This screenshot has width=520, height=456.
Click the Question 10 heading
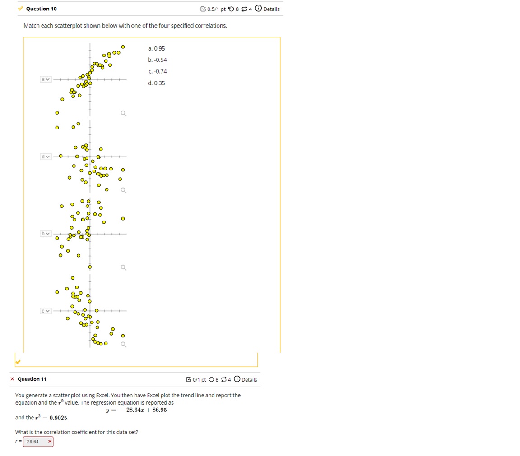(x=41, y=9)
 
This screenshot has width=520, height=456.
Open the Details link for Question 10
(x=271, y=9)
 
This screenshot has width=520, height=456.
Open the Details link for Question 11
(x=249, y=380)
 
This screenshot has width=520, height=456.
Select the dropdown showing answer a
(x=46, y=79)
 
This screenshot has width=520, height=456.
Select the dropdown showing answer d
(x=46, y=157)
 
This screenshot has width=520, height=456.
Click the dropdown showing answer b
(x=46, y=234)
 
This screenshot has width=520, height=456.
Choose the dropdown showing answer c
(x=46, y=311)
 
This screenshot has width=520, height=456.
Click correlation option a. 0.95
(x=156, y=48)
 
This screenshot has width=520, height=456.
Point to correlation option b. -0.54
(x=157, y=60)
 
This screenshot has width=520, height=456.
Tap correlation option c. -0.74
(x=157, y=71)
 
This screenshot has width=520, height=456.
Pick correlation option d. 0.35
(x=156, y=83)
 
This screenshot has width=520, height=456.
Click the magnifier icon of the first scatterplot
(x=123, y=114)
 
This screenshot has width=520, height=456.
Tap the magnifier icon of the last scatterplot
(x=123, y=345)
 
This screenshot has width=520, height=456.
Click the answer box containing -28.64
(x=34, y=442)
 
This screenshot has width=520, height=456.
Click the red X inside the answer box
(x=49, y=442)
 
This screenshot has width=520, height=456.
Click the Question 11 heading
(x=32, y=379)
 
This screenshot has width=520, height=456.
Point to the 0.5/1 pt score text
(x=216, y=9)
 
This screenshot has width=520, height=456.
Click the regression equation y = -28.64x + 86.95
(x=136, y=410)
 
